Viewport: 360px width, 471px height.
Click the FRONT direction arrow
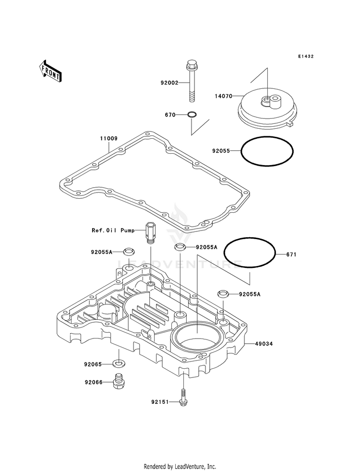tap(50, 71)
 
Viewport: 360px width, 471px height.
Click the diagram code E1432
tap(306, 56)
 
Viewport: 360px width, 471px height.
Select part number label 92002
tap(169, 83)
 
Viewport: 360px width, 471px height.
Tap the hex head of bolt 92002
tap(191, 64)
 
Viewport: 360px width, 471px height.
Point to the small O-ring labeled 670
tap(192, 114)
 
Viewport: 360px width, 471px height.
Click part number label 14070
tap(223, 97)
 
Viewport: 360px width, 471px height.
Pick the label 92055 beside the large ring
tap(221, 151)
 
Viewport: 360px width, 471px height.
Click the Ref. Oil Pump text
tap(113, 230)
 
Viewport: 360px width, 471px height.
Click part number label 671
tap(291, 254)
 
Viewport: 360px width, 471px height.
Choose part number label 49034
tap(264, 344)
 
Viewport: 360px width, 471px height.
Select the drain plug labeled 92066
tap(119, 382)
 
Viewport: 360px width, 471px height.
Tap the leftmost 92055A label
tap(102, 252)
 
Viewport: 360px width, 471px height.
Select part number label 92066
tap(94, 382)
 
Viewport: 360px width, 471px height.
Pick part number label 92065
tap(94, 364)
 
